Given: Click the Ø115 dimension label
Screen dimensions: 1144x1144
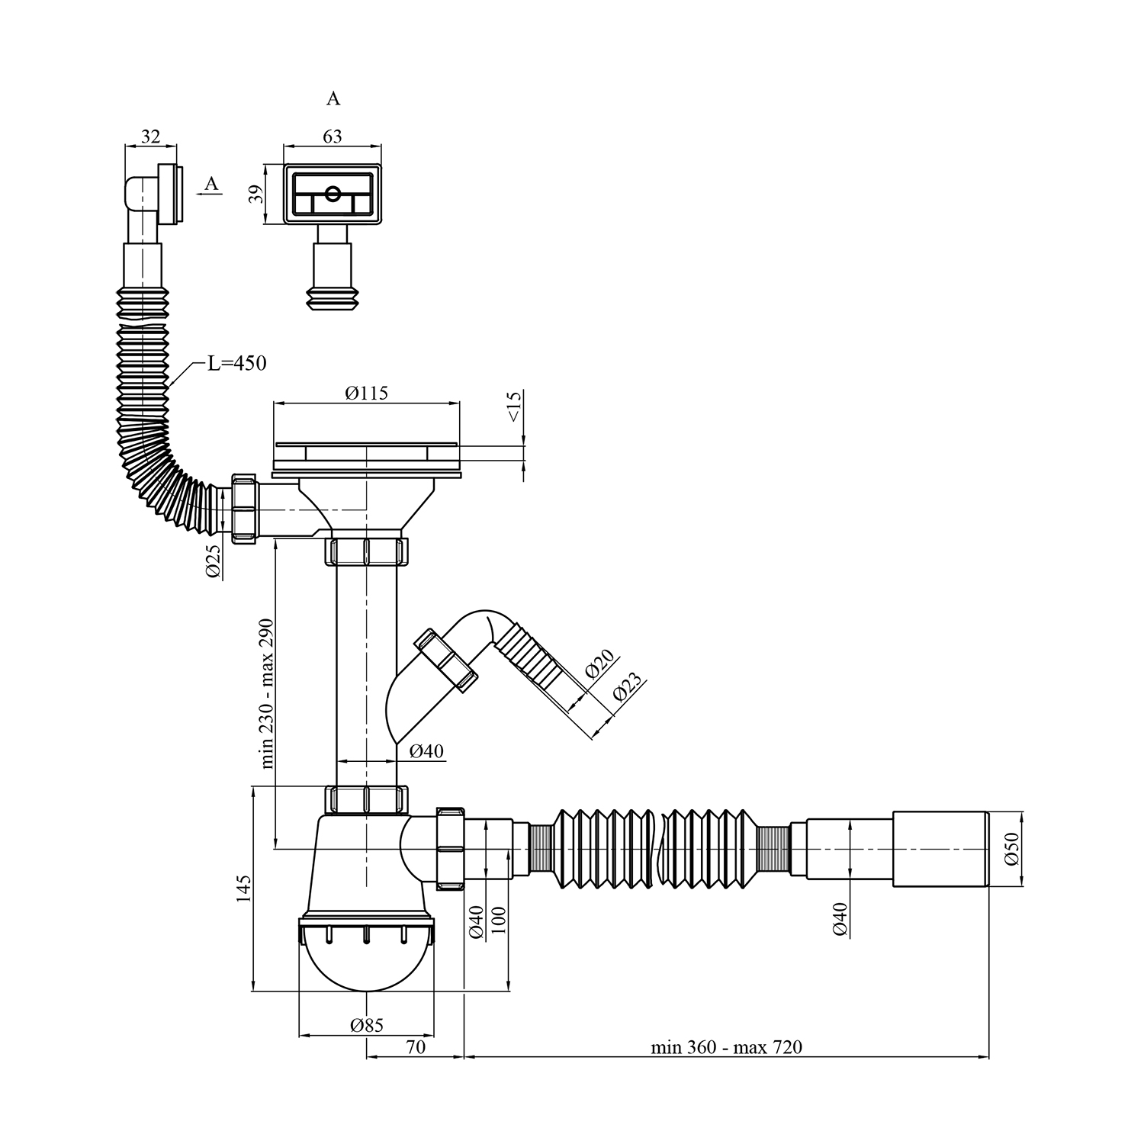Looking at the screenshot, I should [x=366, y=394].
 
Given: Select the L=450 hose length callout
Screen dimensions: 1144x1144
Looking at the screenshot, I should [x=237, y=364].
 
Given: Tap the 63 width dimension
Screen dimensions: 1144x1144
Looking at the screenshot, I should [x=333, y=137].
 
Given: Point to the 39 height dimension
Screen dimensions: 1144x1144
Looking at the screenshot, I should [x=258, y=194].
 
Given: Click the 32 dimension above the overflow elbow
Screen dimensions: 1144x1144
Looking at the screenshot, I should [x=151, y=137].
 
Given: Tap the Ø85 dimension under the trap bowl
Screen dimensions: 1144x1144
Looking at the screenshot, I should [x=367, y=1026].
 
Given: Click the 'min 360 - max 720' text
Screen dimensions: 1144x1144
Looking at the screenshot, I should [x=726, y=1047].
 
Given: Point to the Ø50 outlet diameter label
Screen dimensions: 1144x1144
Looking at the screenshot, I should [x=1011, y=848].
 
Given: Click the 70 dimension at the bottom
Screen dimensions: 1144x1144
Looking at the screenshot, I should [x=416, y=1047].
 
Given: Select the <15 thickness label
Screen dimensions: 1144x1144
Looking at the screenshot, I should [x=513, y=407].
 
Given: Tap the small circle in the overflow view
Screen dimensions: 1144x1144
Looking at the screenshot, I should [x=333, y=194].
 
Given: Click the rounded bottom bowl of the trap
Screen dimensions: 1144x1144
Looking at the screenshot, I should [x=367, y=965].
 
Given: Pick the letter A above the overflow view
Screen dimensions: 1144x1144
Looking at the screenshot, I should [x=333, y=99].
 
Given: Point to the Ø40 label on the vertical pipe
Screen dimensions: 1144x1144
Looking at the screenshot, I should [x=426, y=751].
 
